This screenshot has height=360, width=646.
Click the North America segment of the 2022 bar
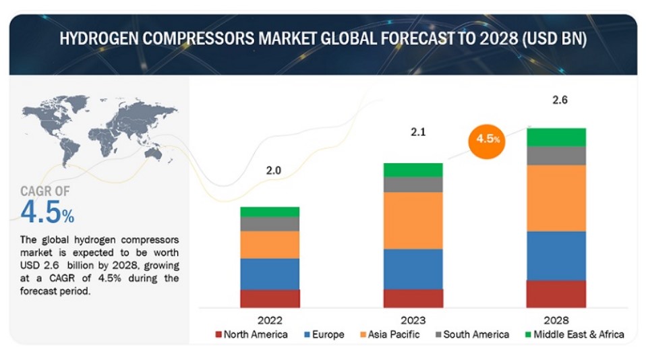coord(270,299)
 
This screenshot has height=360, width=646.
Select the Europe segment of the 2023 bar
coord(413,269)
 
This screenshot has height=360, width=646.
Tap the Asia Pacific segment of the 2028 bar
coord(556,198)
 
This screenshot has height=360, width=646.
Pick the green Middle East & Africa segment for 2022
coord(270,212)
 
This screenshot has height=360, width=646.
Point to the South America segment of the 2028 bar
coord(556,156)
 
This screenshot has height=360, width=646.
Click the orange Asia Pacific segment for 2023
coord(413,220)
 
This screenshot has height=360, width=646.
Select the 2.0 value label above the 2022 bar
coord(273,171)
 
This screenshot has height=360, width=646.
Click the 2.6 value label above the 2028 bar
coord(560,100)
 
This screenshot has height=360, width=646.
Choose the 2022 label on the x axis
coord(270,320)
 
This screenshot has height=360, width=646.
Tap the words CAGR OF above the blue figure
coord(45,192)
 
